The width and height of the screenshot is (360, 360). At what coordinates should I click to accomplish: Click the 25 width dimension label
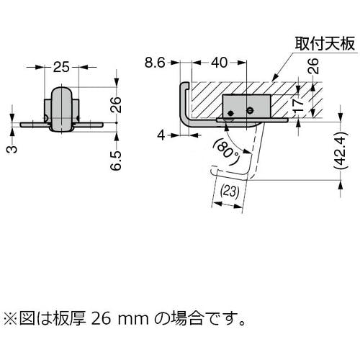tap(61, 67)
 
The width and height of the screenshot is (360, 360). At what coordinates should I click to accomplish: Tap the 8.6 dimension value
tap(155, 63)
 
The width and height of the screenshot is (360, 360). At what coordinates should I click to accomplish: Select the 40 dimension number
tap(219, 63)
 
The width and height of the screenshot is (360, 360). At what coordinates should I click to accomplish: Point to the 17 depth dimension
tap(298, 105)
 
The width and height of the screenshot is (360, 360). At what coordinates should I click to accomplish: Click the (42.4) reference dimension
tap(341, 150)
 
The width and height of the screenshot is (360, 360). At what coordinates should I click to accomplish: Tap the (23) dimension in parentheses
tap(230, 192)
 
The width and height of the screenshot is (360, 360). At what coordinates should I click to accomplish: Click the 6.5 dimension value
tap(116, 161)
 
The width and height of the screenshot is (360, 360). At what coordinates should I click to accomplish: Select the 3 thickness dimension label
tap(12, 149)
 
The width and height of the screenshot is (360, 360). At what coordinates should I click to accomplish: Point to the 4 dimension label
tap(161, 135)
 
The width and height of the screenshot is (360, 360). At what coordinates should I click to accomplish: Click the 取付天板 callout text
tap(325, 44)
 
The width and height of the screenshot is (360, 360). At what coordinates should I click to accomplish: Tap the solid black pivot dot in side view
tap(231, 113)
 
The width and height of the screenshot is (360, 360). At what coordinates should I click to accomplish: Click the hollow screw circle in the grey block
tap(250, 110)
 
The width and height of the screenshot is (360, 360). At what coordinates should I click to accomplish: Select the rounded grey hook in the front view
tap(61, 109)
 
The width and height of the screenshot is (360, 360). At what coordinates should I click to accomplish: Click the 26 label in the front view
tap(116, 105)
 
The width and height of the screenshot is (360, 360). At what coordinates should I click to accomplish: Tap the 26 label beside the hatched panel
tap(313, 66)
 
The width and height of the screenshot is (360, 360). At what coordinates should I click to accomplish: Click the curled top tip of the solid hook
tap(185, 84)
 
